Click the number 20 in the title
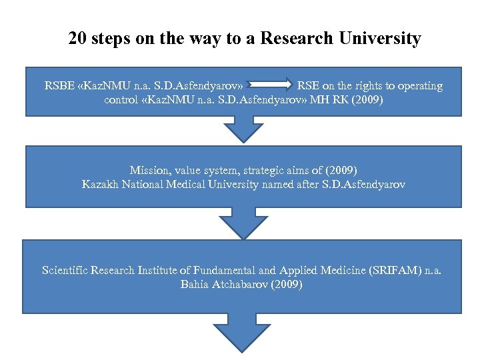[x=79, y=39]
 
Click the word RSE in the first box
[x=308, y=86]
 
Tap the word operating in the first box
[x=418, y=86]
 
